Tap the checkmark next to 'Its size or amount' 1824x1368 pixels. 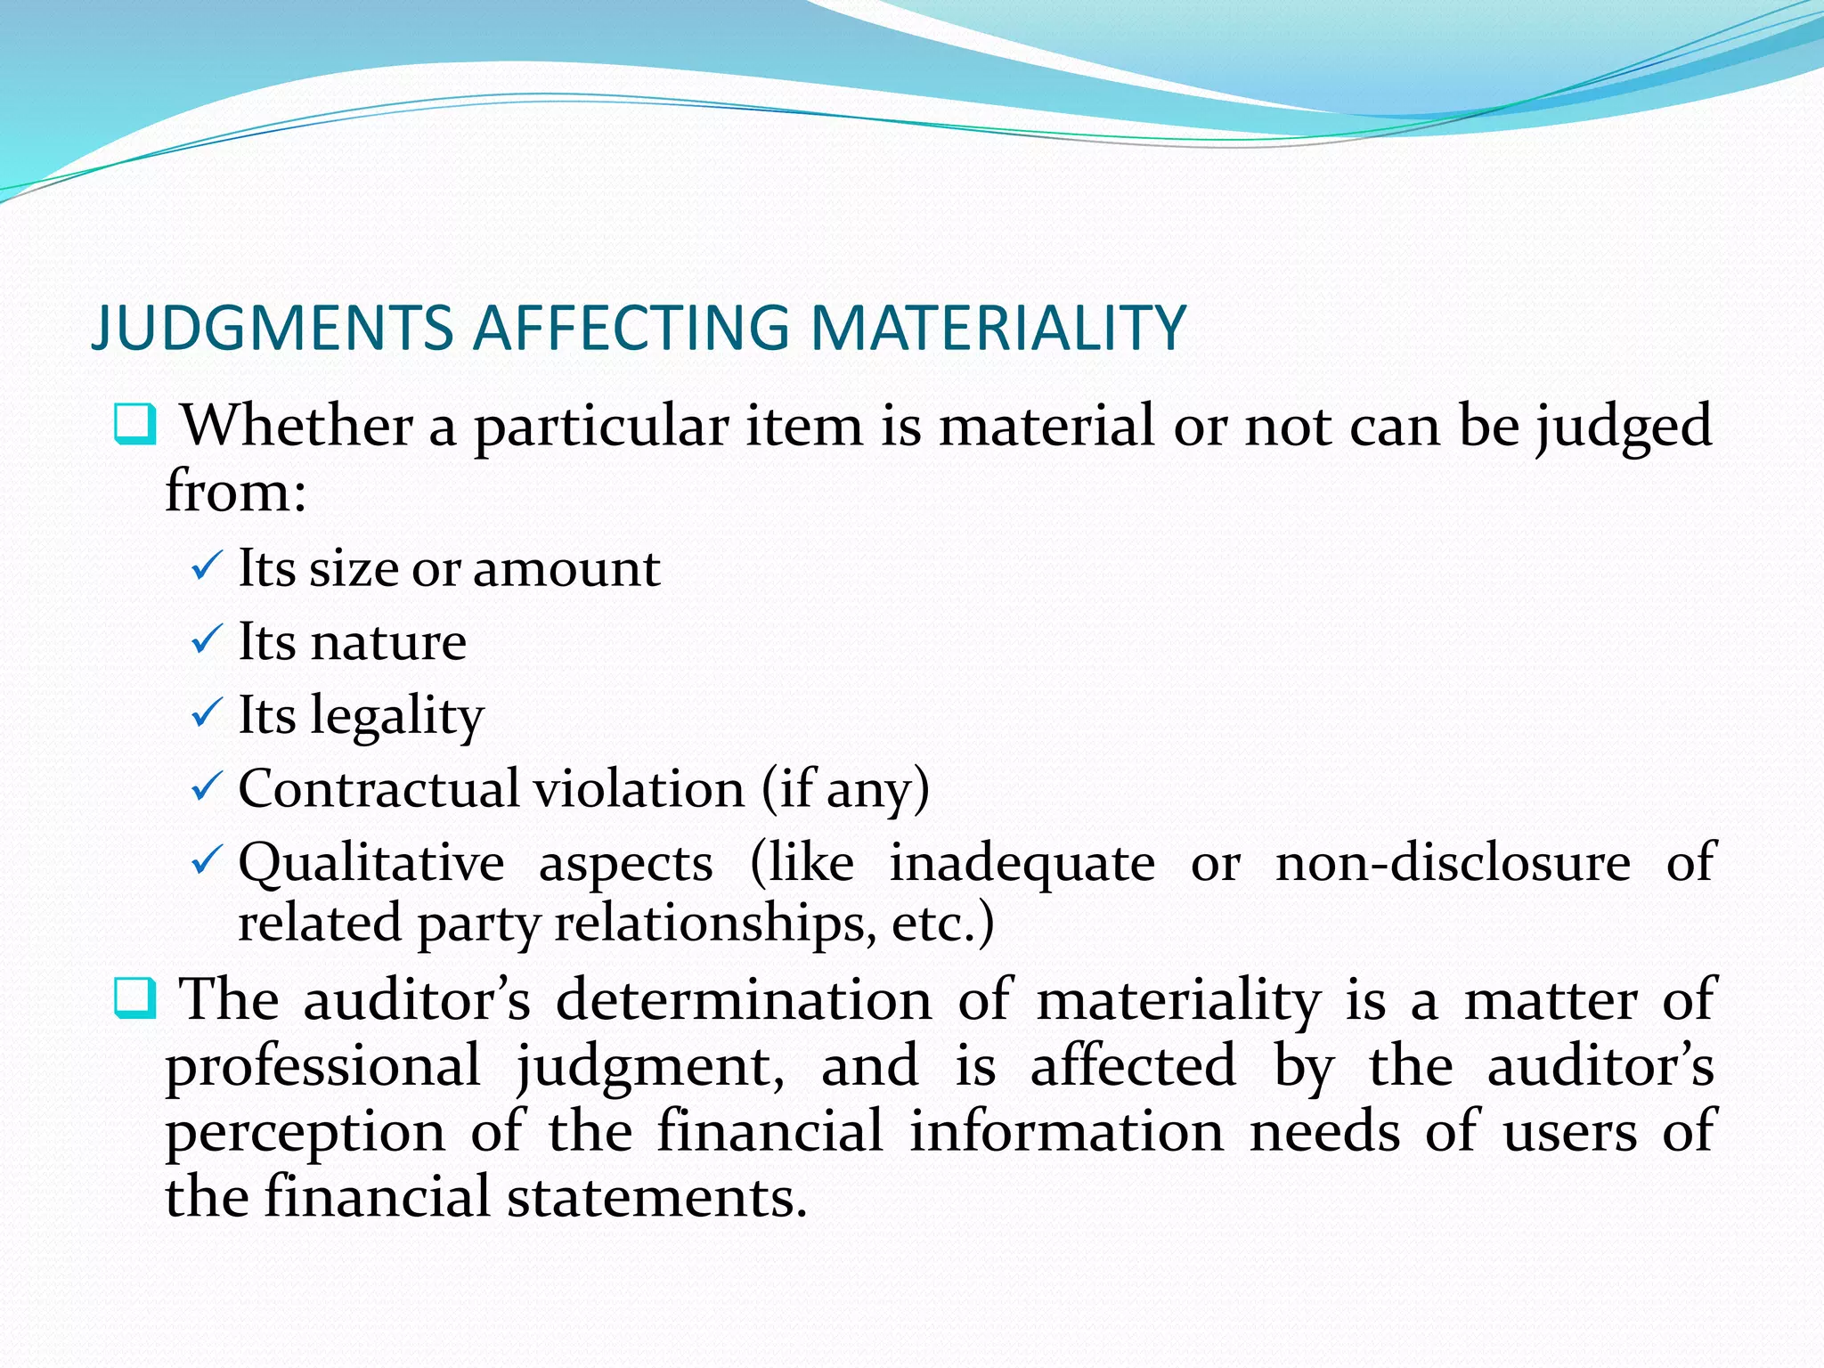click(207, 566)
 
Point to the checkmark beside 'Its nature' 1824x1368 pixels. click(207, 640)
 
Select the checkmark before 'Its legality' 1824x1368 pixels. click(207, 713)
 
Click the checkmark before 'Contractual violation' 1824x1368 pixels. click(207, 787)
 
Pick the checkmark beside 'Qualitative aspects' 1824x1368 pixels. click(207, 861)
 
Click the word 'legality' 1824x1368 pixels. click(396, 715)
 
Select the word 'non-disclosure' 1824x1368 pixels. click(1453, 862)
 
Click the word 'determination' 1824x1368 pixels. click(744, 999)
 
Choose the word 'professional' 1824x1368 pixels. click(323, 1066)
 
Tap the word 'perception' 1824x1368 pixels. click(305, 1132)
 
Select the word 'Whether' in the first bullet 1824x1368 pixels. click(297, 425)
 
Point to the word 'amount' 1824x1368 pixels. click(566, 568)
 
